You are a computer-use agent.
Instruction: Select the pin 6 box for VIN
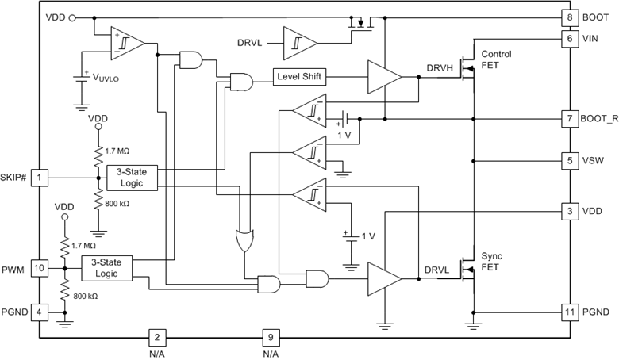[569, 37]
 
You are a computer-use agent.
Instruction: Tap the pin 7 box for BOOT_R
[569, 118]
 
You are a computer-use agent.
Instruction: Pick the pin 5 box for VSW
[569, 160]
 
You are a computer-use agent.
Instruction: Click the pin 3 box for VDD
[569, 212]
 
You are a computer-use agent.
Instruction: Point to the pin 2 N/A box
[157, 337]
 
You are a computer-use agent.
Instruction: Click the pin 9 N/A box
[271, 337]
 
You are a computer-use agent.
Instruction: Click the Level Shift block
[300, 77]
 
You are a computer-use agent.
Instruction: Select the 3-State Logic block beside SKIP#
[133, 177]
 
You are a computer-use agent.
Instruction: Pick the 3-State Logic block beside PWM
[106, 267]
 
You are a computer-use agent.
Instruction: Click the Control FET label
[497, 59]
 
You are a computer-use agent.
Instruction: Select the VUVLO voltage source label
[109, 79]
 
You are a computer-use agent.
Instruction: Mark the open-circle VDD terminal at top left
[73, 17]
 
